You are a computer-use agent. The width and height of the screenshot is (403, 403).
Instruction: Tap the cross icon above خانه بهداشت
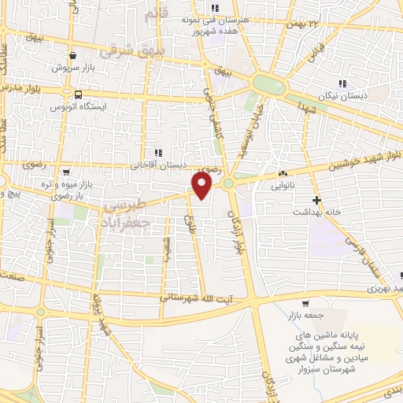[316, 200]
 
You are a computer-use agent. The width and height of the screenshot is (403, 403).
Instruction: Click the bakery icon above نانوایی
[283, 175]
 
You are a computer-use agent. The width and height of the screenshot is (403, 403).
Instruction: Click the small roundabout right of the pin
[229, 183]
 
